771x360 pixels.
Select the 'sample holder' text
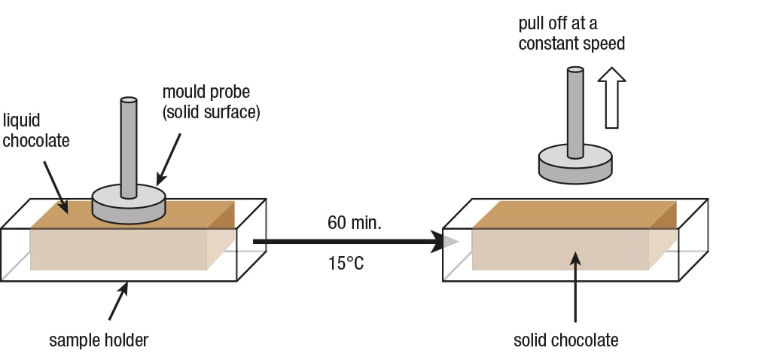pos(99,340)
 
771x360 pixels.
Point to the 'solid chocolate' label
pos(565,340)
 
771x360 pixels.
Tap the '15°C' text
pos(346,264)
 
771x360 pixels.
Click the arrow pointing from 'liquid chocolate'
pos(57,183)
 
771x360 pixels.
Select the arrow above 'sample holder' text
pos(117,301)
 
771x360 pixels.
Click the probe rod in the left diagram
pos(129,147)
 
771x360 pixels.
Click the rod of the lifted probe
pos(575,113)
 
